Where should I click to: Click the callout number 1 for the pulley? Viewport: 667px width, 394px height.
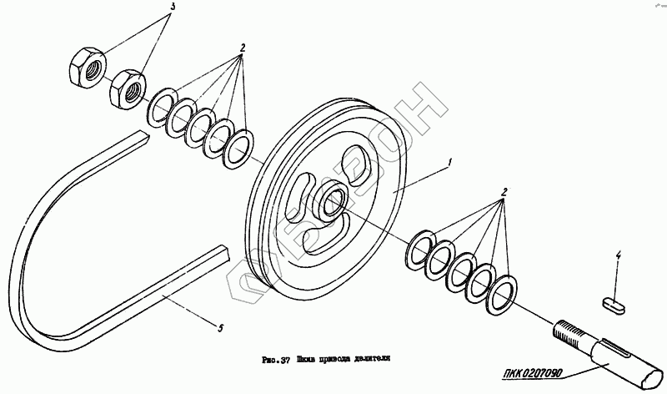point(451,161)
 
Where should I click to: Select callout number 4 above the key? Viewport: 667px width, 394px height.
point(618,254)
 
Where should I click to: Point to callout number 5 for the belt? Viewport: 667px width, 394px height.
point(219,328)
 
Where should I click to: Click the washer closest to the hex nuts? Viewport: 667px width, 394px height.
point(160,109)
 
